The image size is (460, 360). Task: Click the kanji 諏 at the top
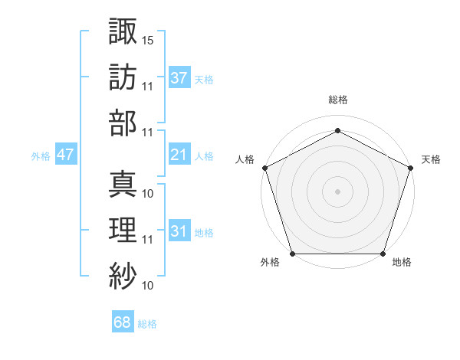click(x=123, y=32)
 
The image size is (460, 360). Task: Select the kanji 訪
click(x=123, y=77)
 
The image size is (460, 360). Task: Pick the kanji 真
click(x=123, y=183)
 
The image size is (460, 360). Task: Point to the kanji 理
click(x=123, y=227)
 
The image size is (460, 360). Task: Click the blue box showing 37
click(x=179, y=77)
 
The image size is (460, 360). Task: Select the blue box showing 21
click(x=179, y=155)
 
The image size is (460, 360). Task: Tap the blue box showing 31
click(x=179, y=232)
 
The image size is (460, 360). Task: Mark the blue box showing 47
click(x=65, y=155)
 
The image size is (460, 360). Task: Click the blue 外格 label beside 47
click(x=41, y=156)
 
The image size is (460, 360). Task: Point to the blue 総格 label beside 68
click(x=147, y=324)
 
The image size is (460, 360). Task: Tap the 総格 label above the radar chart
click(x=337, y=100)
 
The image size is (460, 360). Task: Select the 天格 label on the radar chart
click(x=431, y=159)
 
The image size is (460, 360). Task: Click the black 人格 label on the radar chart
click(x=245, y=159)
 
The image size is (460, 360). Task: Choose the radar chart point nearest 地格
click(x=383, y=254)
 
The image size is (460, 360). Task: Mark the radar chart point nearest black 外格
click(x=292, y=254)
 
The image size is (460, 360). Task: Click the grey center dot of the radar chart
click(x=337, y=191)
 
